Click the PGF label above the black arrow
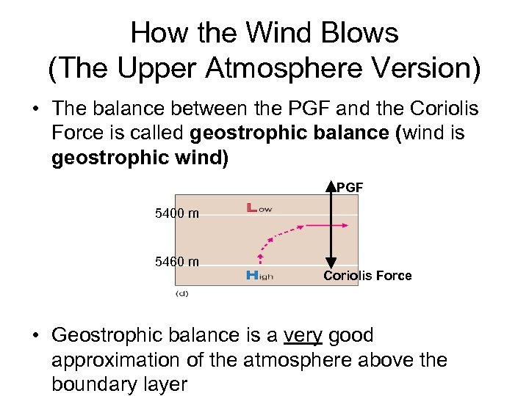pos(350,188)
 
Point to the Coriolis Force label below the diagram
pos(367,276)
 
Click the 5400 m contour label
pos(177,214)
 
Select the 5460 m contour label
pos(177,262)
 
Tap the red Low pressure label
pos(259,208)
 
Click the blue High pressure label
pos(260,275)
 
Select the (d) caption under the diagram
pos(181,293)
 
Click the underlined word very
pos(304,336)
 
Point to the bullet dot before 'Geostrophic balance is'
pos(35,337)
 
